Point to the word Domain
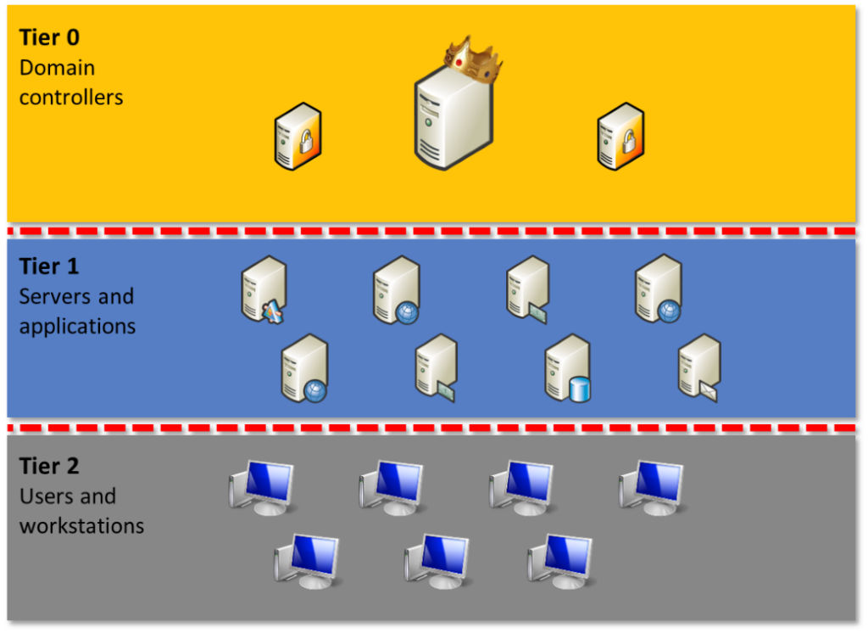(x=57, y=68)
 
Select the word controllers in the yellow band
(x=71, y=98)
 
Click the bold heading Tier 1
(x=49, y=266)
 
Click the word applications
(x=77, y=326)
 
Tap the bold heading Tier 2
(x=49, y=466)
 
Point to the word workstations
(x=81, y=525)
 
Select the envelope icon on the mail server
(x=708, y=392)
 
